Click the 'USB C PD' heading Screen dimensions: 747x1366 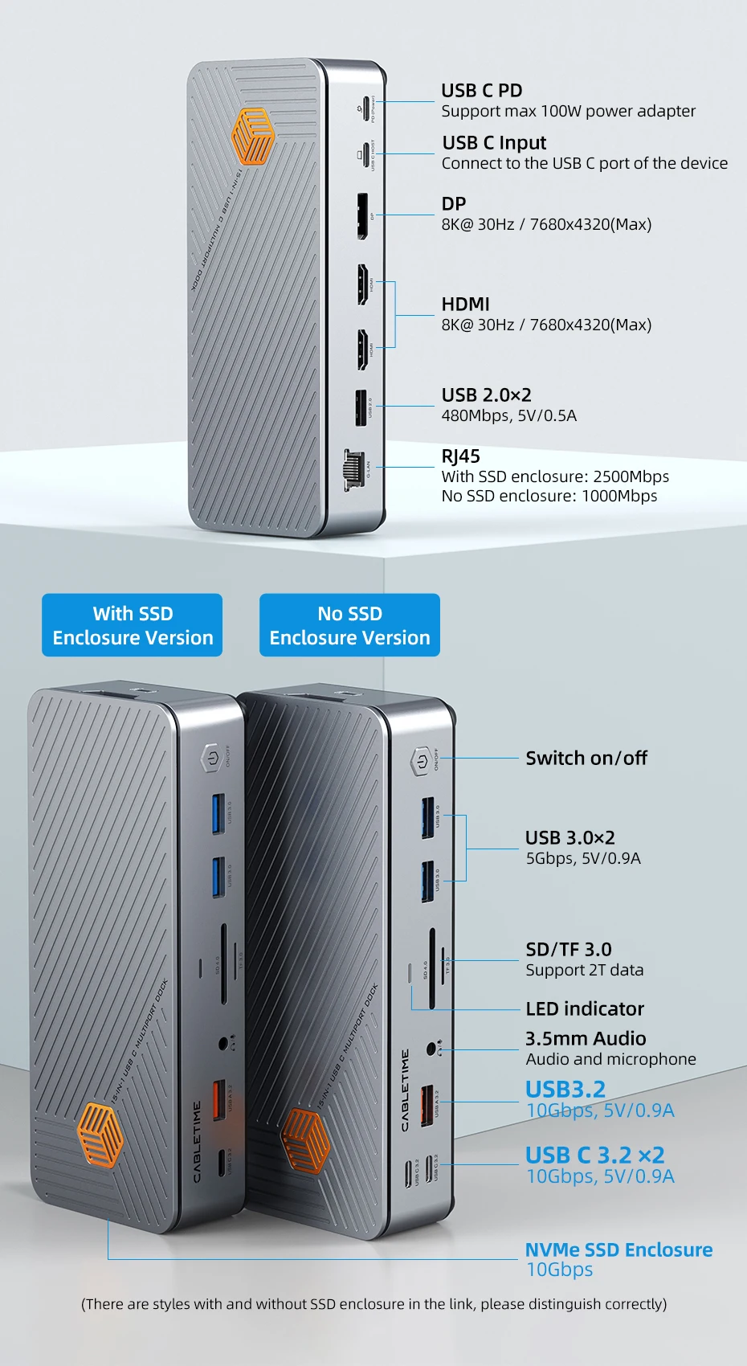(x=481, y=91)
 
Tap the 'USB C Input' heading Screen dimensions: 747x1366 (x=494, y=143)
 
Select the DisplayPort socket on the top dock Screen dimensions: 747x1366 (x=362, y=215)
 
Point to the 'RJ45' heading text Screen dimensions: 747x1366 (x=460, y=456)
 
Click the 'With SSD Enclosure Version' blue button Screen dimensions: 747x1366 (x=133, y=625)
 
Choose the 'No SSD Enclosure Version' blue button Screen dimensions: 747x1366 (x=349, y=625)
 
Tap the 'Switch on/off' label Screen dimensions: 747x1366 (x=586, y=758)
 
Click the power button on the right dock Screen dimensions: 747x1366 (x=422, y=760)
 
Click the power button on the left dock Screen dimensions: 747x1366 (x=210, y=758)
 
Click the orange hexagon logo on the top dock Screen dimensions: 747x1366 (x=252, y=137)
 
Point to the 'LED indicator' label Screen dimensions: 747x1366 (x=585, y=1008)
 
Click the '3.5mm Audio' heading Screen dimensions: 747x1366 (x=586, y=1038)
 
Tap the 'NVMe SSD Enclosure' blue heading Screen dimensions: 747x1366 (x=618, y=1249)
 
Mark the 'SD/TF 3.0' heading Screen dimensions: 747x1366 (x=568, y=949)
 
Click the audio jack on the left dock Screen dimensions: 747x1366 (x=224, y=1044)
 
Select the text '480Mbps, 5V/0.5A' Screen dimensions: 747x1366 (x=508, y=415)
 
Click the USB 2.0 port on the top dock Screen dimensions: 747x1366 (x=361, y=408)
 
